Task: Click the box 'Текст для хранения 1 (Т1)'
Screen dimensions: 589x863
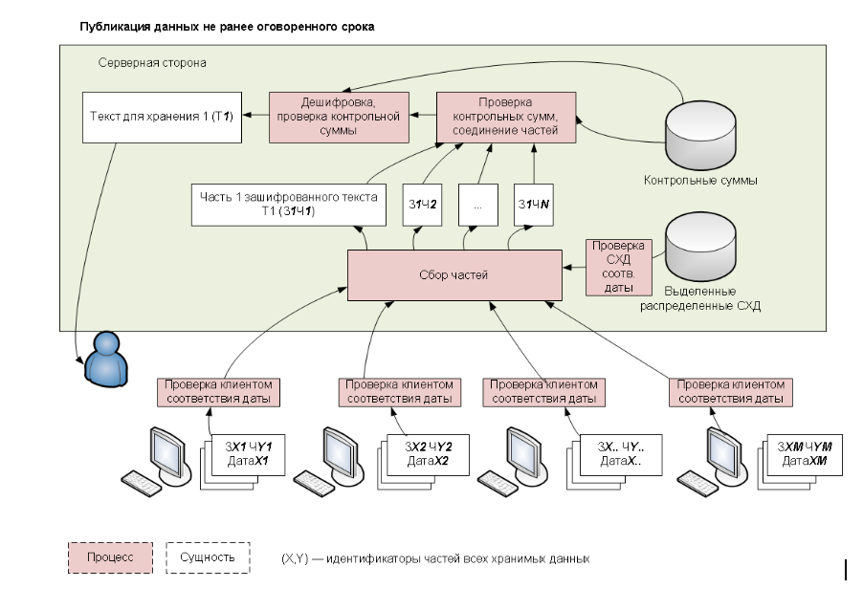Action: tap(160, 117)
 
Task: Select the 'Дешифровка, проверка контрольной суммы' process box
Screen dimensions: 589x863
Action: tap(340, 117)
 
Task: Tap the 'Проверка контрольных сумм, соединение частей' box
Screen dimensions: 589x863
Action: tap(506, 117)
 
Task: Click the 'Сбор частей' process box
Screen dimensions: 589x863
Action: tap(454, 275)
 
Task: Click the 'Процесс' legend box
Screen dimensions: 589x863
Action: tap(109, 556)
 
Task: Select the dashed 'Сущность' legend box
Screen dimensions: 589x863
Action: tap(208, 556)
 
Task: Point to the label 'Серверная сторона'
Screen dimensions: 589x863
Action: tap(152, 62)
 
